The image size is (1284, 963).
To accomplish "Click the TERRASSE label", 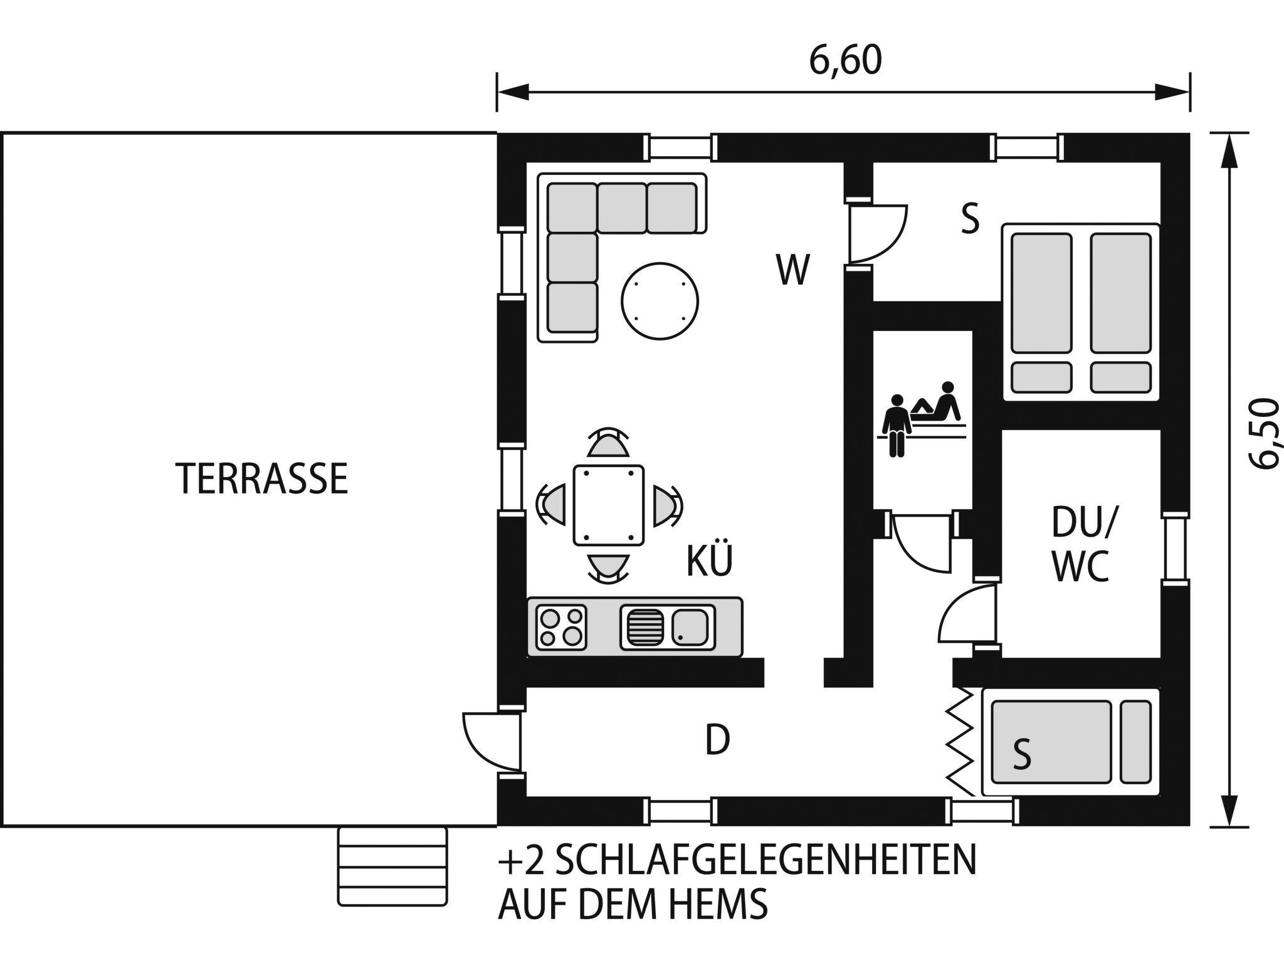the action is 262,479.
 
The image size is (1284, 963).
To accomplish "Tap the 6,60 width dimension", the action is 845,61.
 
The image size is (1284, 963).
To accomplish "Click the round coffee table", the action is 660,301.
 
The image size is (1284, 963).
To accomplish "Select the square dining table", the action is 608,505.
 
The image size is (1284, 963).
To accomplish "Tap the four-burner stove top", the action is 561,627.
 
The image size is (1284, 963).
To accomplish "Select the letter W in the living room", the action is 792,270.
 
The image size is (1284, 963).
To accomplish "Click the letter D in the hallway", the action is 718,740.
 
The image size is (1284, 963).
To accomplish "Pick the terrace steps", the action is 393,866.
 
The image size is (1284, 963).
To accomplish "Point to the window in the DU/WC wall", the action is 1176,548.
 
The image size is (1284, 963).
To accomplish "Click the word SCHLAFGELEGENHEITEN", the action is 766,861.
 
